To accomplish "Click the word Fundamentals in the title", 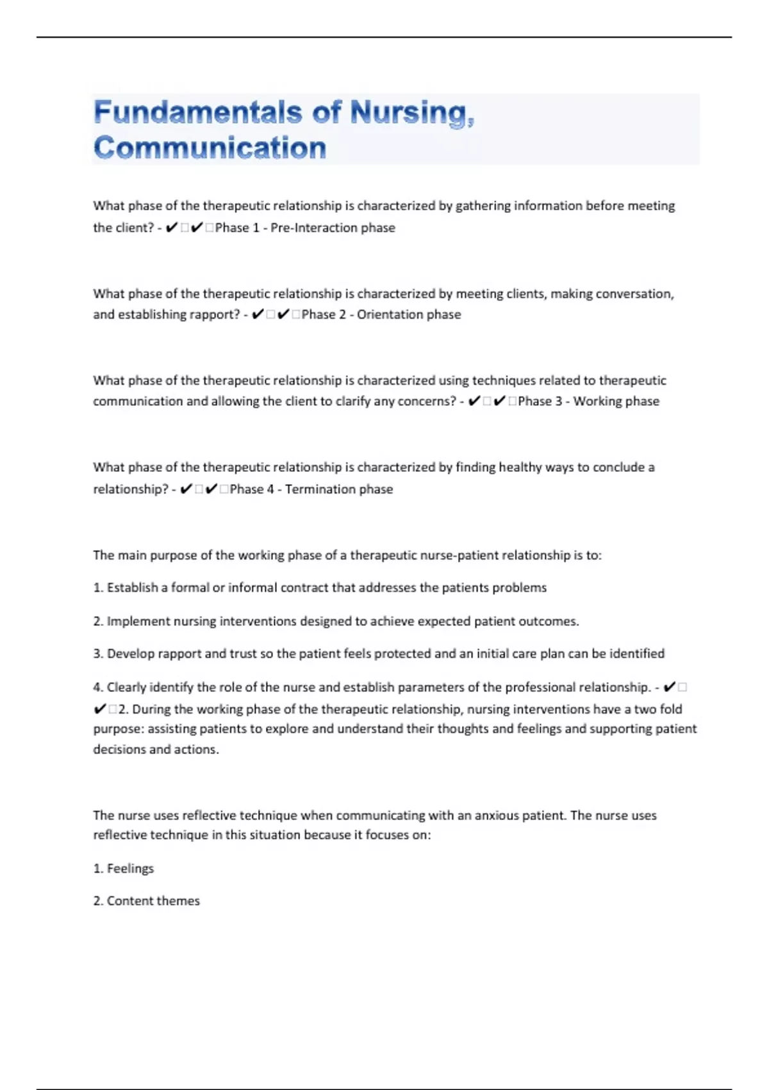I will [197, 113].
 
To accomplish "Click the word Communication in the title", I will [210, 148].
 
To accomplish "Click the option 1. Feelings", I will [124, 869].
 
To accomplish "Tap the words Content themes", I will [153, 901].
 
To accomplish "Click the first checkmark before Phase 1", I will [171, 228].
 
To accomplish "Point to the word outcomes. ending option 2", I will [548, 621].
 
